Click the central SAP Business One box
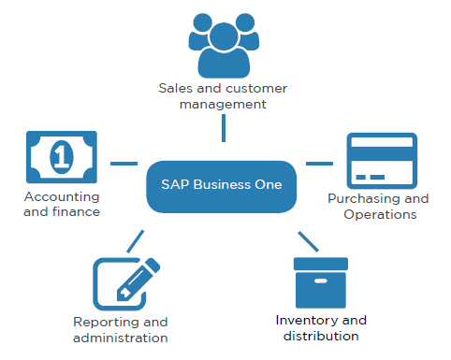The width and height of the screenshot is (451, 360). coord(222,185)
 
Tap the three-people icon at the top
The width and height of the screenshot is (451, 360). coord(224,44)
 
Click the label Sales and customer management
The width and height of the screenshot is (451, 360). coord(223,96)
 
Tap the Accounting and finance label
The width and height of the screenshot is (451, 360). coord(62,205)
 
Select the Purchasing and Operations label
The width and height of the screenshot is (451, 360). coord(378,206)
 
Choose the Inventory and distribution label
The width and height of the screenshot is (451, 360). coord(321,327)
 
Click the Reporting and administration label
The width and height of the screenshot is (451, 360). coord(121,329)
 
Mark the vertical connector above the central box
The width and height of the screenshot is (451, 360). coord(223,128)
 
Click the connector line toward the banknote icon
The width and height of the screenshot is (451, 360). coord(124,163)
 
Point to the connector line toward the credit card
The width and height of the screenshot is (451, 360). coord(319,163)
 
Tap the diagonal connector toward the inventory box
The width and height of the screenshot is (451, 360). coord(308,240)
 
